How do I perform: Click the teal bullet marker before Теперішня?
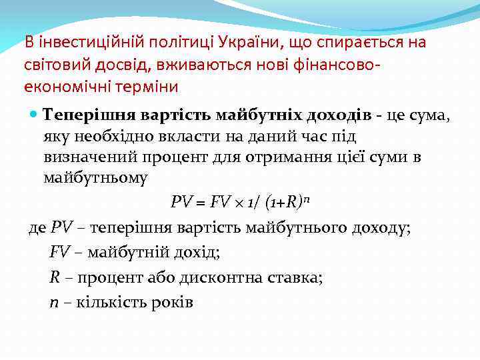click(35, 114)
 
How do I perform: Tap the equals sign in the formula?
click(198, 202)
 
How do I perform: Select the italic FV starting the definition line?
click(59, 253)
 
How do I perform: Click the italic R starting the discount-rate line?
click(55, 277)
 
